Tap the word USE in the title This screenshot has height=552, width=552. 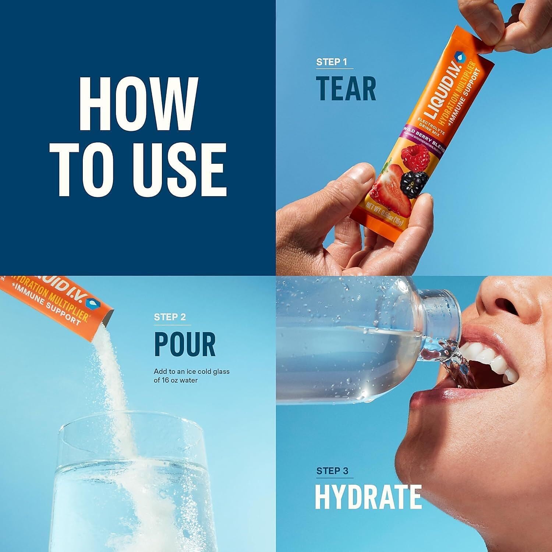pyautogui.click(x=180, y=169)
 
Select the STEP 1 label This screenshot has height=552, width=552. pyautogui.click(x=332, y=62)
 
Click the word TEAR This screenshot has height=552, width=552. pyautogui.click(x=346, y=89)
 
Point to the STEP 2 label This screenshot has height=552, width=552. pyautogui.click(x=170, y=317)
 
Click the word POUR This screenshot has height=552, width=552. pyautogui.click(x=185, y=344)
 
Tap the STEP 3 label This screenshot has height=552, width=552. pyautogui.click(x=332, y=471)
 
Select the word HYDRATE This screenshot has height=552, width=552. pyautogui.click(x=368, y=497)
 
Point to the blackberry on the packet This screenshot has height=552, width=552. pyautogui.click(x=414, y=181)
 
